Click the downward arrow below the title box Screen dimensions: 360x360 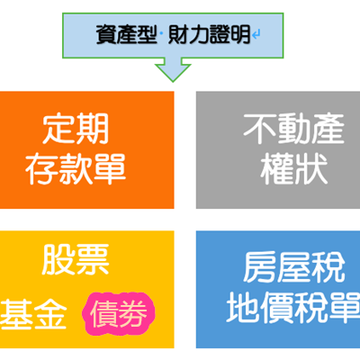click(x=173, y=69)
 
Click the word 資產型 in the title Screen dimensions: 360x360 click(x=126, y=35)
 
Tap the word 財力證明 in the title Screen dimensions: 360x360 click(x=209, y=35)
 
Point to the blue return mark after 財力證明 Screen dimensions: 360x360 click(x=256, y=35)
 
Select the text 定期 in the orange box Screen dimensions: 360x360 click(x=76, y=130)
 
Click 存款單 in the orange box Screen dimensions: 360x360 click(x=76, y=168)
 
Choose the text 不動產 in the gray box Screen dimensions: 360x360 click(x=293, y=130)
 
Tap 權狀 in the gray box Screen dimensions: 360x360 click(x=293, y=168)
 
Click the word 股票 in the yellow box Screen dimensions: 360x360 click(x=76, y=259)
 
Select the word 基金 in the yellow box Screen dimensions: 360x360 click(x=33, y=313)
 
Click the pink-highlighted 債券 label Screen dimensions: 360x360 click(x=119, y=313)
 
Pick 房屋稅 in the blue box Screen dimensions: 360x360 click(x=293, y=267)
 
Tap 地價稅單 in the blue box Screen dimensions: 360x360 click(x=292, y=308)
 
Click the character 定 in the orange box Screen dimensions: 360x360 click(x=58, y=130)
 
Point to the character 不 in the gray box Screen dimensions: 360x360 click(x=259, y=130)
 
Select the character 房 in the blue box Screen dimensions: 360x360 click(x=259, y=267)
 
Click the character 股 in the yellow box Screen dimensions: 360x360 click(x=58, y=259)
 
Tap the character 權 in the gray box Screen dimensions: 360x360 click(x=276, y=168)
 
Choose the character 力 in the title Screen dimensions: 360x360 click(x=198, y=35)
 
